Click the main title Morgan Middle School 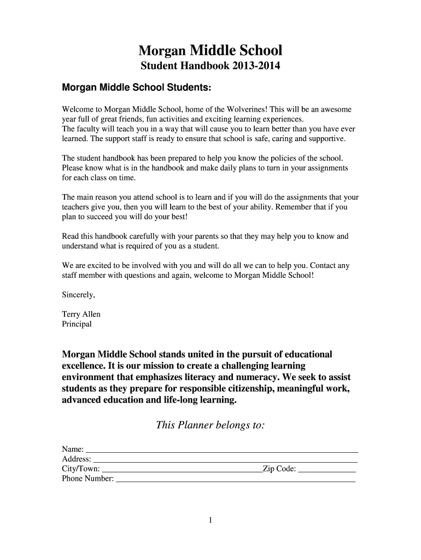click(210, 51)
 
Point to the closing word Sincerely click(79, 295)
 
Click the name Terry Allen click(81, 314)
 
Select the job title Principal click(77, 324)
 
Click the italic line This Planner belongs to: click(210, 425)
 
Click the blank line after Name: click(222, 450)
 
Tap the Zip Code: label click(279, 469)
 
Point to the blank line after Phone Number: click(236, 480)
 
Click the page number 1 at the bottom click(210, 521)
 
